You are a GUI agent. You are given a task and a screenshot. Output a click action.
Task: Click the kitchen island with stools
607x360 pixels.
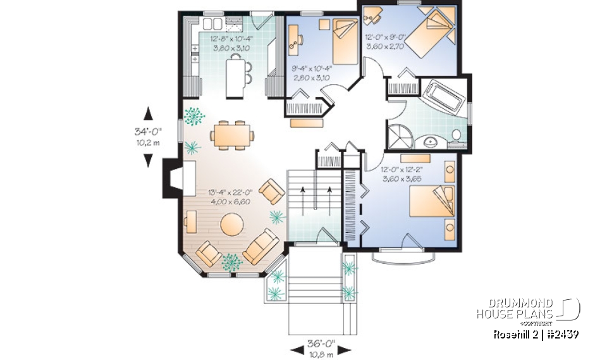click(235, 75)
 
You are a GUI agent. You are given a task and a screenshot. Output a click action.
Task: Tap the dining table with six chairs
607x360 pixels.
click(232, 135)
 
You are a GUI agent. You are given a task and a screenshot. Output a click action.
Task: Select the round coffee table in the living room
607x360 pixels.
click(232, 225)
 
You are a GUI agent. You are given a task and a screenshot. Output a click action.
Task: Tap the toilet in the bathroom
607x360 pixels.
click(456, 135)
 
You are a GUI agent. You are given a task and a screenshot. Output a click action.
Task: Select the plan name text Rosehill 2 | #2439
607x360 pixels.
click(536, 334)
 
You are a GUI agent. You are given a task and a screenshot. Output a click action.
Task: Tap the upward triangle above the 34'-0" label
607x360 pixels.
click(148, 114)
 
